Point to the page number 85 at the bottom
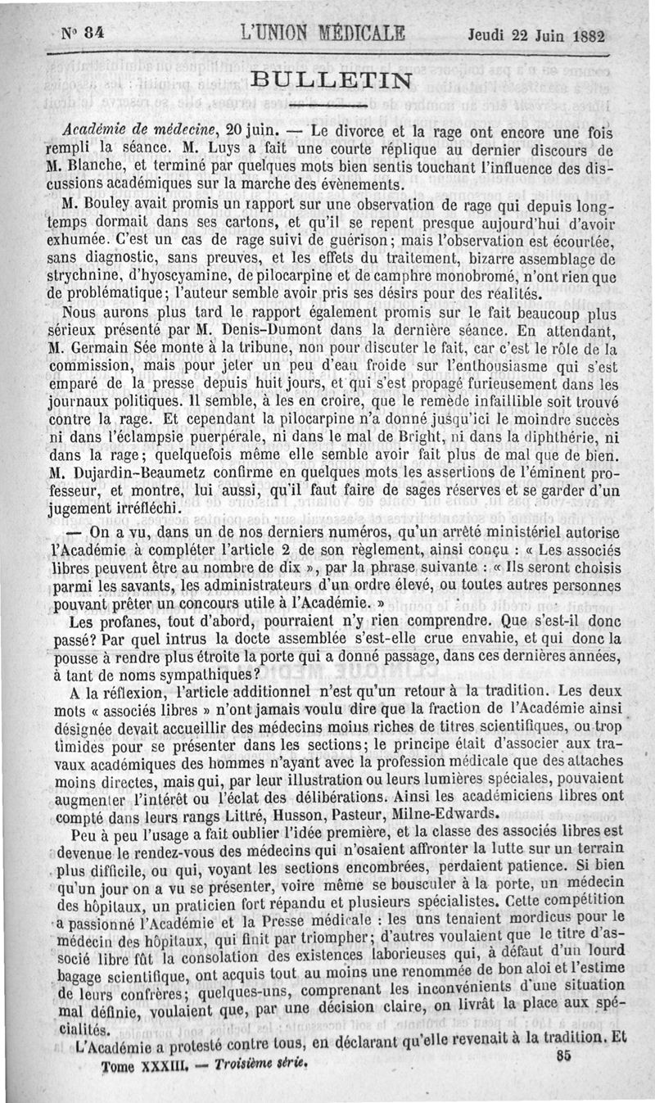click(x=562, y=1056)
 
